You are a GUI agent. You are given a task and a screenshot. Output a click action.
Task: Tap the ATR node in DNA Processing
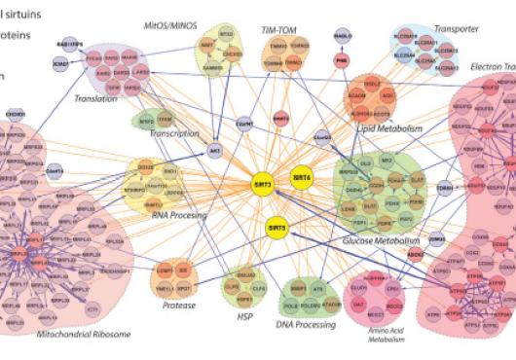click(317, 289)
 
